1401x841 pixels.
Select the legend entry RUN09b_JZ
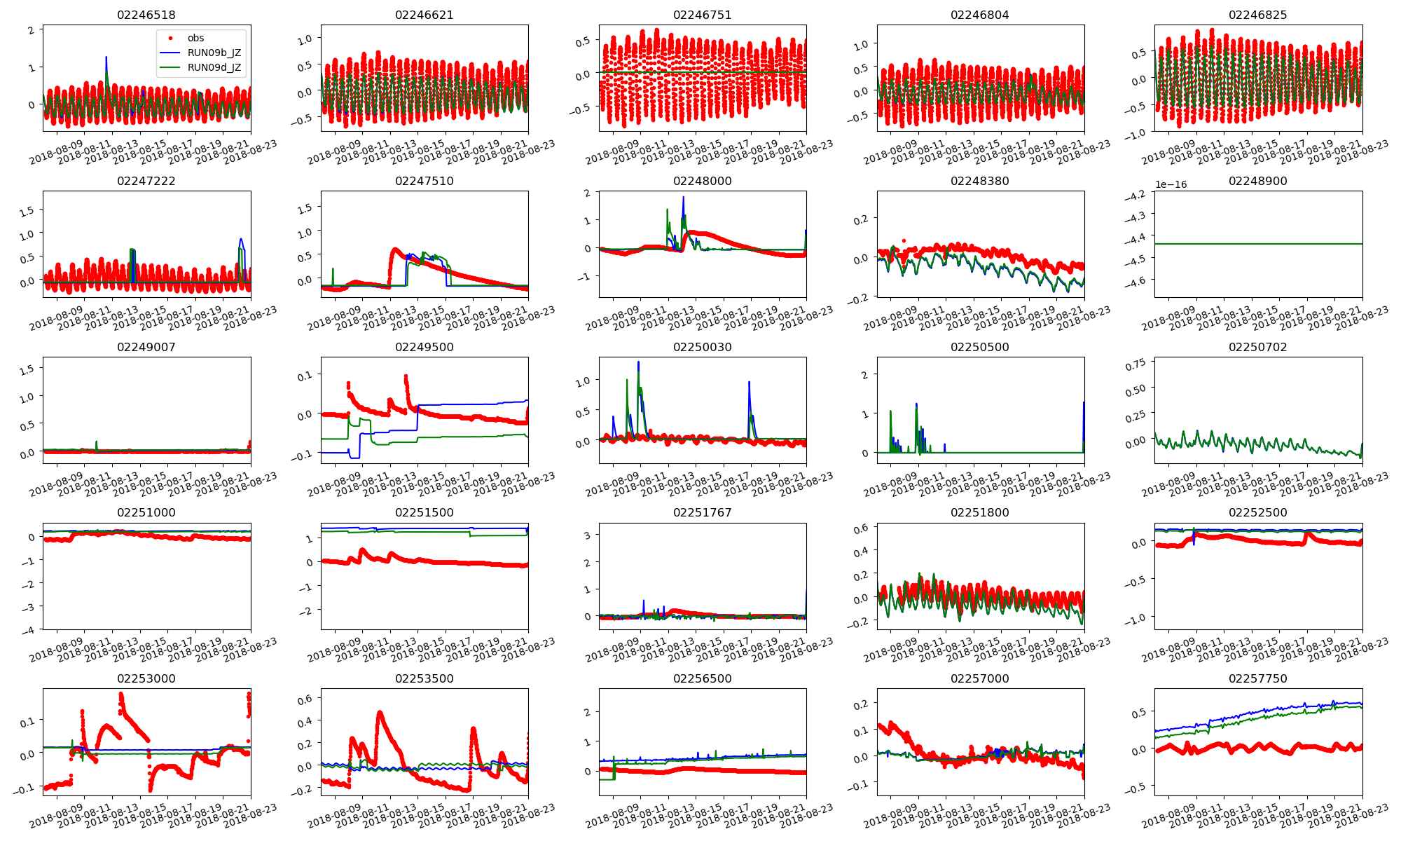[x=214, y=53]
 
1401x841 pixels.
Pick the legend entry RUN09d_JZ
[x=214, y=67]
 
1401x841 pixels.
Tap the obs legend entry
[x=195, y=38]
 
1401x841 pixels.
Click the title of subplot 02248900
[x=1257, y=181]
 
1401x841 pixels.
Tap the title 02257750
[x=1257, y=678]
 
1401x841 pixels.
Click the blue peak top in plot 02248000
[x=683, y=198]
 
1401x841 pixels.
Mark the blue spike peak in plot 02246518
[x=106, y=57]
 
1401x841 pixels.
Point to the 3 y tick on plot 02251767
[x=588, y=535]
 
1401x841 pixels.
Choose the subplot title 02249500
[x=424, y=347]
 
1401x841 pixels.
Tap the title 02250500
[x=979, y=347]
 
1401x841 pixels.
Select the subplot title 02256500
[x=702, y=678]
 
